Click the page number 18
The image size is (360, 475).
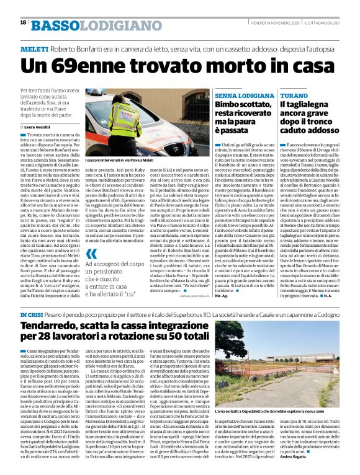tap(23, 22)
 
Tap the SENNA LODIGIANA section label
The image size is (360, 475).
tap(244, 97)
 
